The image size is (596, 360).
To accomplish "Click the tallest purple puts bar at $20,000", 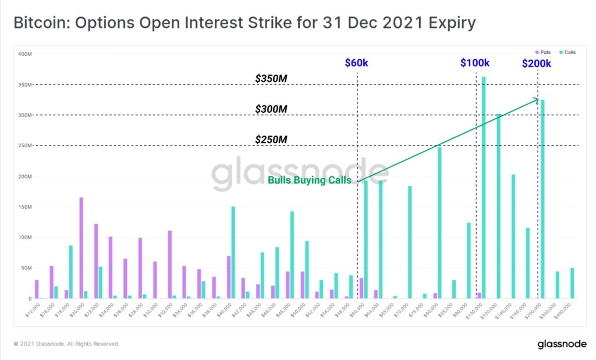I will (x=81, y=248).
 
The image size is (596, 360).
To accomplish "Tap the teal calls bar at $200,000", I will (x=542, y=199).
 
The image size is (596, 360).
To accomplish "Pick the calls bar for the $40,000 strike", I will (x=233, y=252).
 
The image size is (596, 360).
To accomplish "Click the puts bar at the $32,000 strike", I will (x=169, y=265).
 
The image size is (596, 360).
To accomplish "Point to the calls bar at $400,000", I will (x=572, y=283).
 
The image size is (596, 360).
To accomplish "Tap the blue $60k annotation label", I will (x=356, y=62).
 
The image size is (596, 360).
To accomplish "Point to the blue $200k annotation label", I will (x=537, y=63).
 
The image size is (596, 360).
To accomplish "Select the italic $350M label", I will (x=271, y=78).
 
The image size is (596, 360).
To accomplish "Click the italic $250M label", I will (x=271, y=140).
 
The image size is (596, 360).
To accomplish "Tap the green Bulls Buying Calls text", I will (x=309, y=180).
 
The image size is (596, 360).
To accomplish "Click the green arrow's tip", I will (x=538, y=99).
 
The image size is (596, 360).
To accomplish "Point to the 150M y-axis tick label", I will (x=24, y=207).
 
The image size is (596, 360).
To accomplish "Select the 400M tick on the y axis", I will (x=24, y=54).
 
